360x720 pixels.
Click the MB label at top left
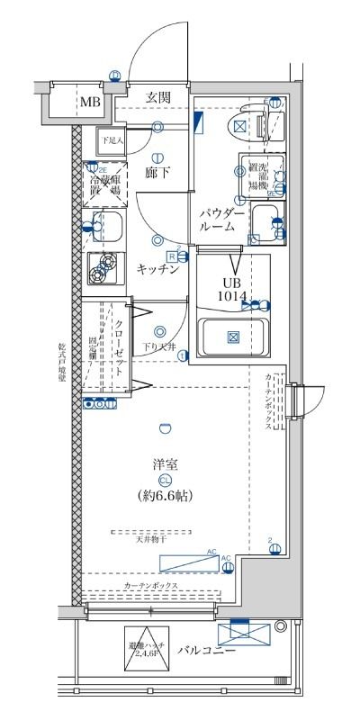(x=89, y=102)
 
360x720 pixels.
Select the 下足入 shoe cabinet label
(x=112, y=140)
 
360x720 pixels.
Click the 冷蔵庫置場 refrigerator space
(x=109, y=185)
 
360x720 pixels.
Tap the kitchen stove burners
(x=109, y=266)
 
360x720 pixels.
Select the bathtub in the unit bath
(x=232, y=337)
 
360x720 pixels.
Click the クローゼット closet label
(x=119, y=346)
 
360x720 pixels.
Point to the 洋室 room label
(x=164, y=464)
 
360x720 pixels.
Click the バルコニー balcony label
(x=206, y=649)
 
